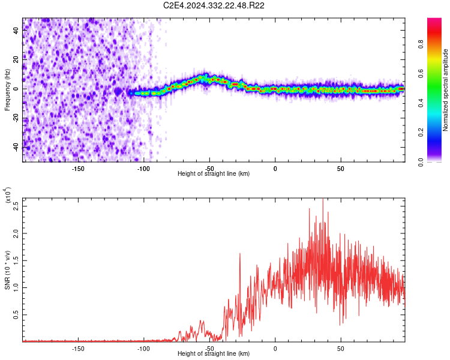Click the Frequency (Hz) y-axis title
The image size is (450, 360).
[8, 89]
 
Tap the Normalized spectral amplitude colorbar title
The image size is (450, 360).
[446, 90]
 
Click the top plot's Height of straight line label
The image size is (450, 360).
[214, 173]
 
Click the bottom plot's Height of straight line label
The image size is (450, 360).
[214, 353]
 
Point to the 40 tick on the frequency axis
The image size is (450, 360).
[16, 29]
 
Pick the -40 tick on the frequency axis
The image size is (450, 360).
[16, 147]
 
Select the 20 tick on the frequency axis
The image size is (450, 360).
[16, 59]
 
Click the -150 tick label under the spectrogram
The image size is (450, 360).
[77, 168]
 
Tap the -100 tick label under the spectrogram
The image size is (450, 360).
[143, 168]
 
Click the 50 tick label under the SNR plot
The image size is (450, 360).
[341, 348]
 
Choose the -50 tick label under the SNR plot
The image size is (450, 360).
[209, 348]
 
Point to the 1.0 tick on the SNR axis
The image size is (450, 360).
[16, 287]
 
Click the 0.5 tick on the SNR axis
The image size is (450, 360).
[16, 314]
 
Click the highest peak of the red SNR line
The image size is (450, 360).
[323, 199]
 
